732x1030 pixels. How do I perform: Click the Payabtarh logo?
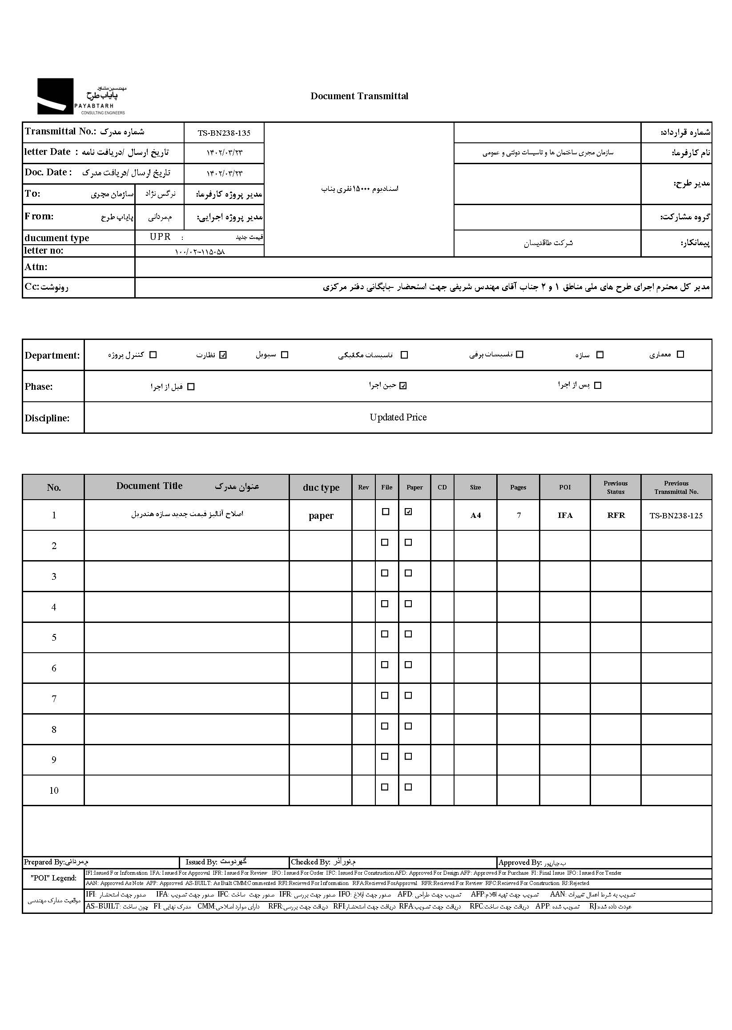coord(81,96)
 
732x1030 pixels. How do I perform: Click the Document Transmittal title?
coord(359,96)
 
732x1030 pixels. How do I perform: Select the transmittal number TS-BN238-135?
coord(224,133)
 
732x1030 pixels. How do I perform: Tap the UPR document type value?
coord(160,237)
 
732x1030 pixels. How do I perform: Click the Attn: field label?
coord(36,267)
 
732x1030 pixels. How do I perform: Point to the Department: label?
coord(52,355)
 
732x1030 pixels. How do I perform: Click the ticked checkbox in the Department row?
coord(223,355)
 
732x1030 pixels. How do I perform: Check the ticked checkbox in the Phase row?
coord(403,386)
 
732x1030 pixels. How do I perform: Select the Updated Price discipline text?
coord(398,417)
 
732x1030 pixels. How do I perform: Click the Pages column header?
coord(518,487)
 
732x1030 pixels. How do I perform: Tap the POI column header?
coord(565,487)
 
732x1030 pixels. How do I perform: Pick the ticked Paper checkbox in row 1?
coord(408,512)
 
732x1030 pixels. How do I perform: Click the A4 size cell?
coord(475,516)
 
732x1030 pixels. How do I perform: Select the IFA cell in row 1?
coord(565,516)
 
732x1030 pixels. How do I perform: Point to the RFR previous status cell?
coord(616,516)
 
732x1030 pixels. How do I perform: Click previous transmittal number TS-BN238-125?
coord(676,516)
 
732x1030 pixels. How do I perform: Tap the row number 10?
coord(54,790)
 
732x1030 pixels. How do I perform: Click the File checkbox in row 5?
coord(385,634)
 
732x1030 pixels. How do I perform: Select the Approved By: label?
coord(520,862)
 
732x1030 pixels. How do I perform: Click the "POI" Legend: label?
coord(54,878)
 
